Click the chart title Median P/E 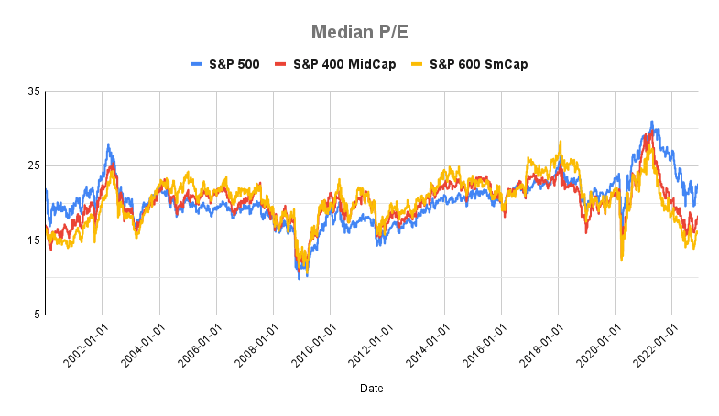359,32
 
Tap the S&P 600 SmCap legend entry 467,64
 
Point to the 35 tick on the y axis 34,91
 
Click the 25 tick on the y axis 34,165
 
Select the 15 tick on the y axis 34,240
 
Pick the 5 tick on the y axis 37,315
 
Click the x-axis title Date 371,389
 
